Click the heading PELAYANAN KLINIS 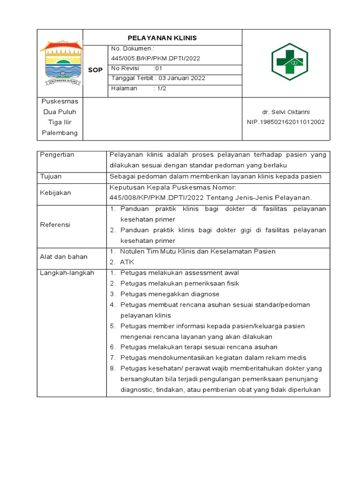pyautogui.click(x=162, y=38)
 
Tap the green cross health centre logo pyautogui.click(x=289, y=62)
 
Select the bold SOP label pyautogui.click(x=95, y=70)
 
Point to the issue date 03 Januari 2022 pyautogui.click(x=181, y=78)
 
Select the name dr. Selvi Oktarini pyautogui.click(x=286, y=112)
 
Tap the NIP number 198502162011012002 pyautogui.click(x=285, y=122)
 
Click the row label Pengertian pyautogui.click(x=57, y=155)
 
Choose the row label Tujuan pyautogui.click(x=51, y=177)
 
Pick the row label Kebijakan pyautogui.click(x=55, y=193)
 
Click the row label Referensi pyautogui.click(x=55, y=225)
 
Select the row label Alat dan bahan pyautogui.click(x=64, y=256)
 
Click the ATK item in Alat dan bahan pyautogui.click(x=127, y=262)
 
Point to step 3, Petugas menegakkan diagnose pyautogui.click(x=169, y=294)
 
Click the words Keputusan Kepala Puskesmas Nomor pyautogui.click(x=166, y=187)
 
